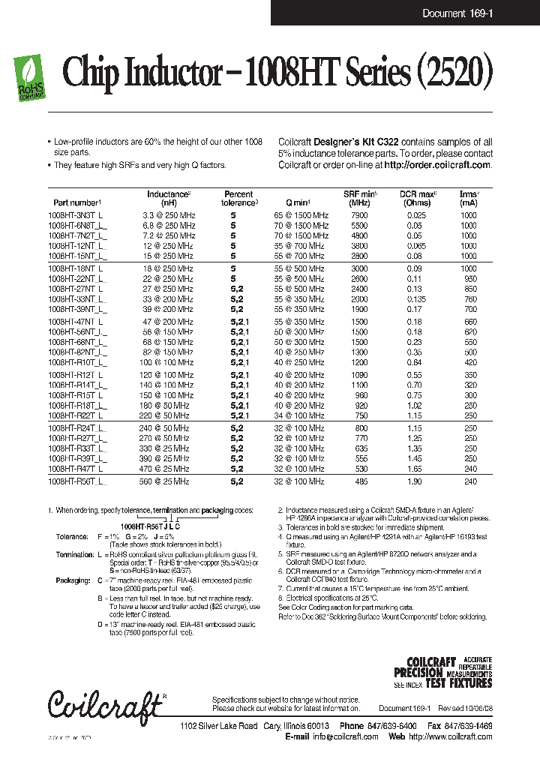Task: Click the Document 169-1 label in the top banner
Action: (457, 13)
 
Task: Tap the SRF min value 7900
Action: (359, 215)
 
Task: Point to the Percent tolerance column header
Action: (239, 198)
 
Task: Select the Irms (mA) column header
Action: (469, 198)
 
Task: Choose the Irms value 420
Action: (469, 361)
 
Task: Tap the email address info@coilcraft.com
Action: (345, 736)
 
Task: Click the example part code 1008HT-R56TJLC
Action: (150, 527)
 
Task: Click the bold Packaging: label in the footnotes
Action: (73, 580)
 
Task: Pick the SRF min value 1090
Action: (359, 374)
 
